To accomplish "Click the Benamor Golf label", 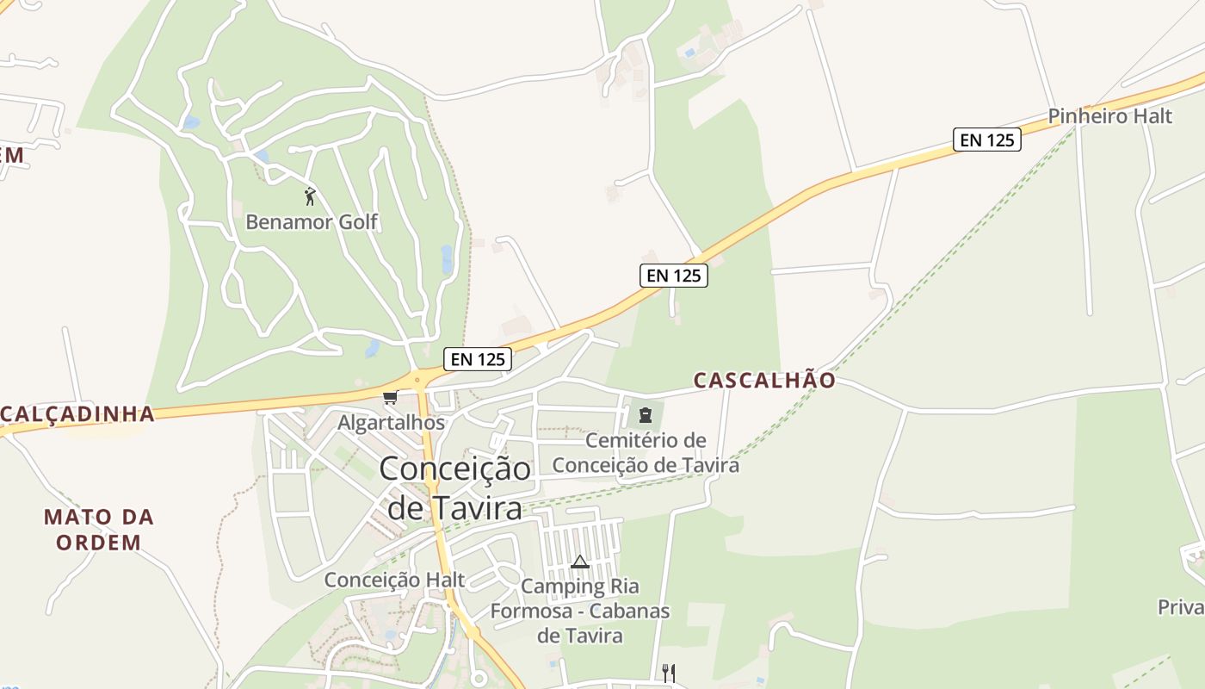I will coord(312,221).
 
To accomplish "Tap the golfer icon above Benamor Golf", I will coord(311,196).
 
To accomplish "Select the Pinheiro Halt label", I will coord(1109,116).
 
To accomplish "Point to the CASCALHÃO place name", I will coord(764,380).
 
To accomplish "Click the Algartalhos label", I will coord(392,423).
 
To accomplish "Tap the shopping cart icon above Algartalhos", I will coord(391,397).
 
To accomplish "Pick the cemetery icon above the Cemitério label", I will coord(645,416).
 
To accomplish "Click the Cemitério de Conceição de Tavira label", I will coord(646,453).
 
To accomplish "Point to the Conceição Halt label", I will coord(394,580).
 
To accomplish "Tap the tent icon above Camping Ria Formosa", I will coord(580,562).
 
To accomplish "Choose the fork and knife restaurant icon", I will coord(668,672).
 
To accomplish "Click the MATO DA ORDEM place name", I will coord(99,530).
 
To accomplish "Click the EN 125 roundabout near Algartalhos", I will coord(417,379).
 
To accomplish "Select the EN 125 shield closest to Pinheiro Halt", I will coord(986,140).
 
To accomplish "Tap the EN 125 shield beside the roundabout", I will coord(478,359).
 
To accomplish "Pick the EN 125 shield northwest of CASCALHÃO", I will coord(673,276).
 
